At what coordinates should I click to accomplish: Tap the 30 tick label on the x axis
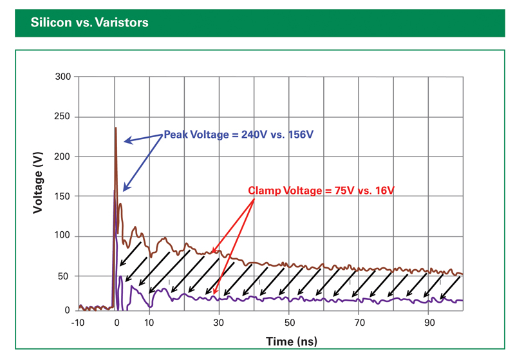pos(220,322)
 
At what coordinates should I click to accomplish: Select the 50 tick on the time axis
pos(289,322)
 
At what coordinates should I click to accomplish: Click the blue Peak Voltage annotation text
pos(241,135)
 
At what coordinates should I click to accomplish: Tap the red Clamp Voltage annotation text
pos(321,191)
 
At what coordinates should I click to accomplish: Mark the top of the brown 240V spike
pos(116,128)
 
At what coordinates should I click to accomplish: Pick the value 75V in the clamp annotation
pos(344,191)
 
